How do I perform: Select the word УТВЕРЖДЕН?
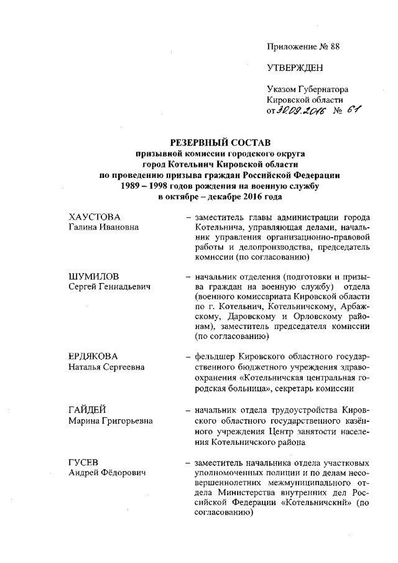pyautogui.click(x=295, y=67)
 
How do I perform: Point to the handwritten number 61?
pyautogui.click(x=355, y=110)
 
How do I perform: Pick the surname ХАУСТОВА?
pyautogui.click(x=94, y=217)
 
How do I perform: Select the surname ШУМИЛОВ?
pyautogui.click(x=93, y=276)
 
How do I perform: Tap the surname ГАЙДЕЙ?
pyautogui.click(x=86, y=410)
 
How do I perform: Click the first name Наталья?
pyautogui.click(x=86, y=367)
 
